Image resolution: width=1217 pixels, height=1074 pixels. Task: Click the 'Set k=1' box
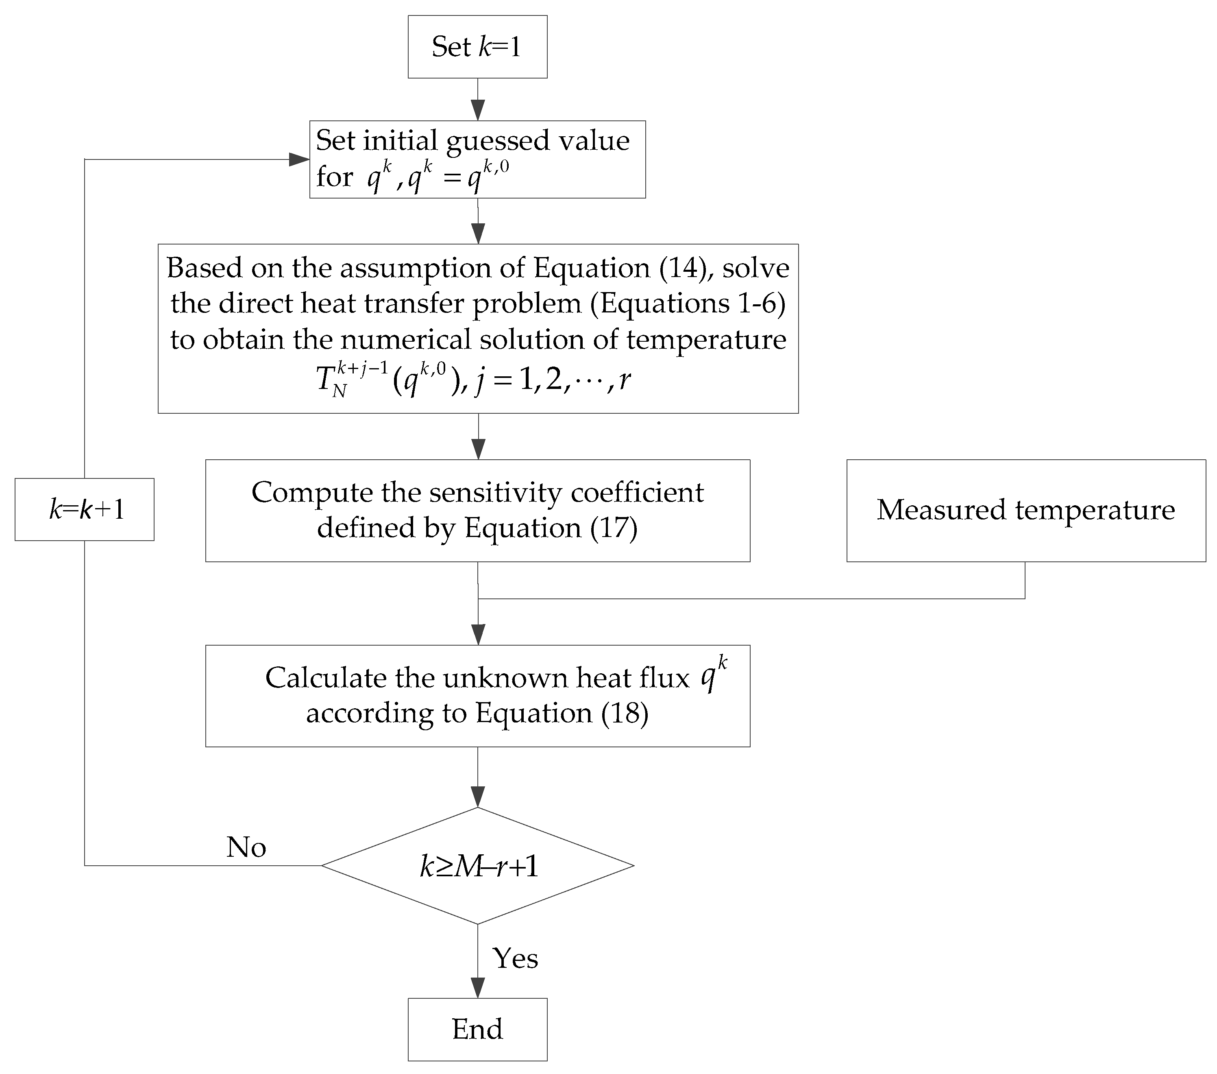click(x=477, y=46)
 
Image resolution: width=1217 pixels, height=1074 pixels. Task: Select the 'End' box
click(x=477, y=1029)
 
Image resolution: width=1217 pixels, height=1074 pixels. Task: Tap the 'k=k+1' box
click(x=85, y=509)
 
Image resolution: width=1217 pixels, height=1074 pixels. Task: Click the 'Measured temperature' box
click(x=1026, y=511)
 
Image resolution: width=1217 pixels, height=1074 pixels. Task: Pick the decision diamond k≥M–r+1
click(x=477, y=866)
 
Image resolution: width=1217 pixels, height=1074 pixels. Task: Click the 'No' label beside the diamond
click(x=246, y=847)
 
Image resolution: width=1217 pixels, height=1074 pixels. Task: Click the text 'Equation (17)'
click(x=551, y=528)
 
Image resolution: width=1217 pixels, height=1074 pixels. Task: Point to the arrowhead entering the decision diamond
click(x=477, y=797)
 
